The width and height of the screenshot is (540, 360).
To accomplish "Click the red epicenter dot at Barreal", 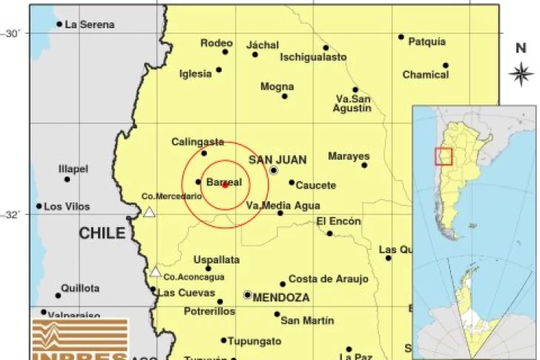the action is click(x=225, y=185).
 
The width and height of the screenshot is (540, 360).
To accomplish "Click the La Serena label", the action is click(x=90, y=24).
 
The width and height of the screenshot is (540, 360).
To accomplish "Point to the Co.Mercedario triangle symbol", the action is click(x=149, y=212).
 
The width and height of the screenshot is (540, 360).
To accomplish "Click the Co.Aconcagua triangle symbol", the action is click(x=156, y=272).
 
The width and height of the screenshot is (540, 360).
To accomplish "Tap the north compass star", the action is click(x=521, y=73).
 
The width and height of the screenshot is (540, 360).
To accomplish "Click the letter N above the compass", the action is click(x=521, y=49).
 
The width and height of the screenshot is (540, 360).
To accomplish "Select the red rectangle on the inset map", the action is click(x=443, y=156).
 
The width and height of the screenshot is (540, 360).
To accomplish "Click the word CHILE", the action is click(x=102, y=233).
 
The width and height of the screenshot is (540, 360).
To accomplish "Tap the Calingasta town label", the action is click(x=197, y=142).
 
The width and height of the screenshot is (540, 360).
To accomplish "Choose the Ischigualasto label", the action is click(x=313, y=56).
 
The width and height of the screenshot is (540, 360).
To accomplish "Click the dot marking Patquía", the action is click(x=401, y=37).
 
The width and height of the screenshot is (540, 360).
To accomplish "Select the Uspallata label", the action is click(x=216, y=260).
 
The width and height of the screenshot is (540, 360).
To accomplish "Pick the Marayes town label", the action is click(x=349, y=157).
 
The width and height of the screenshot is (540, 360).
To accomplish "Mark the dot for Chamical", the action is click(x=446, y=65).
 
